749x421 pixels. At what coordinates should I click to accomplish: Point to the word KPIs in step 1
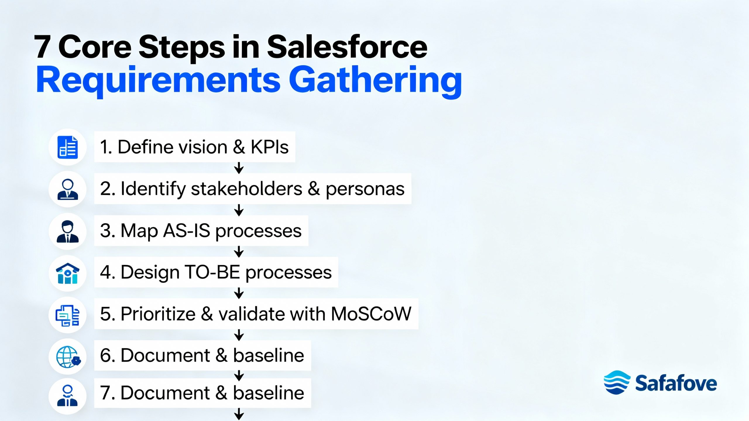point(269,147)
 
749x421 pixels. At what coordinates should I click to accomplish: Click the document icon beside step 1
point(68,147)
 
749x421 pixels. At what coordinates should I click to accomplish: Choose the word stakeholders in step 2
point(246,189)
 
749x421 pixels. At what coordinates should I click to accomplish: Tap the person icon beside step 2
point(68,189)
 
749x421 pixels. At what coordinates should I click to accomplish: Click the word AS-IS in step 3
point(187,231)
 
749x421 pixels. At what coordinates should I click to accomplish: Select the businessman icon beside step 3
point(68,232)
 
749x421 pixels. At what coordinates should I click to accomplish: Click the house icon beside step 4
point(68,273)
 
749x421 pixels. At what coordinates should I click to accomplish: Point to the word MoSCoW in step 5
point(371,314)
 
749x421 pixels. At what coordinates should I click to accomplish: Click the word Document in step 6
point(165,356)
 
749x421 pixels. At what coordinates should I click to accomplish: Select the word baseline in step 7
point(269,393)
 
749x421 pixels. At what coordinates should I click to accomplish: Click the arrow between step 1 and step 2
point(239,168)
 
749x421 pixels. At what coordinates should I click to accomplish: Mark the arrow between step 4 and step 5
point(239,293)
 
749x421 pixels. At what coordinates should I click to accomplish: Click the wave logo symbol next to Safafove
point(616,382)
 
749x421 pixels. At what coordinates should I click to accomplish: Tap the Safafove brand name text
point(676,383)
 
